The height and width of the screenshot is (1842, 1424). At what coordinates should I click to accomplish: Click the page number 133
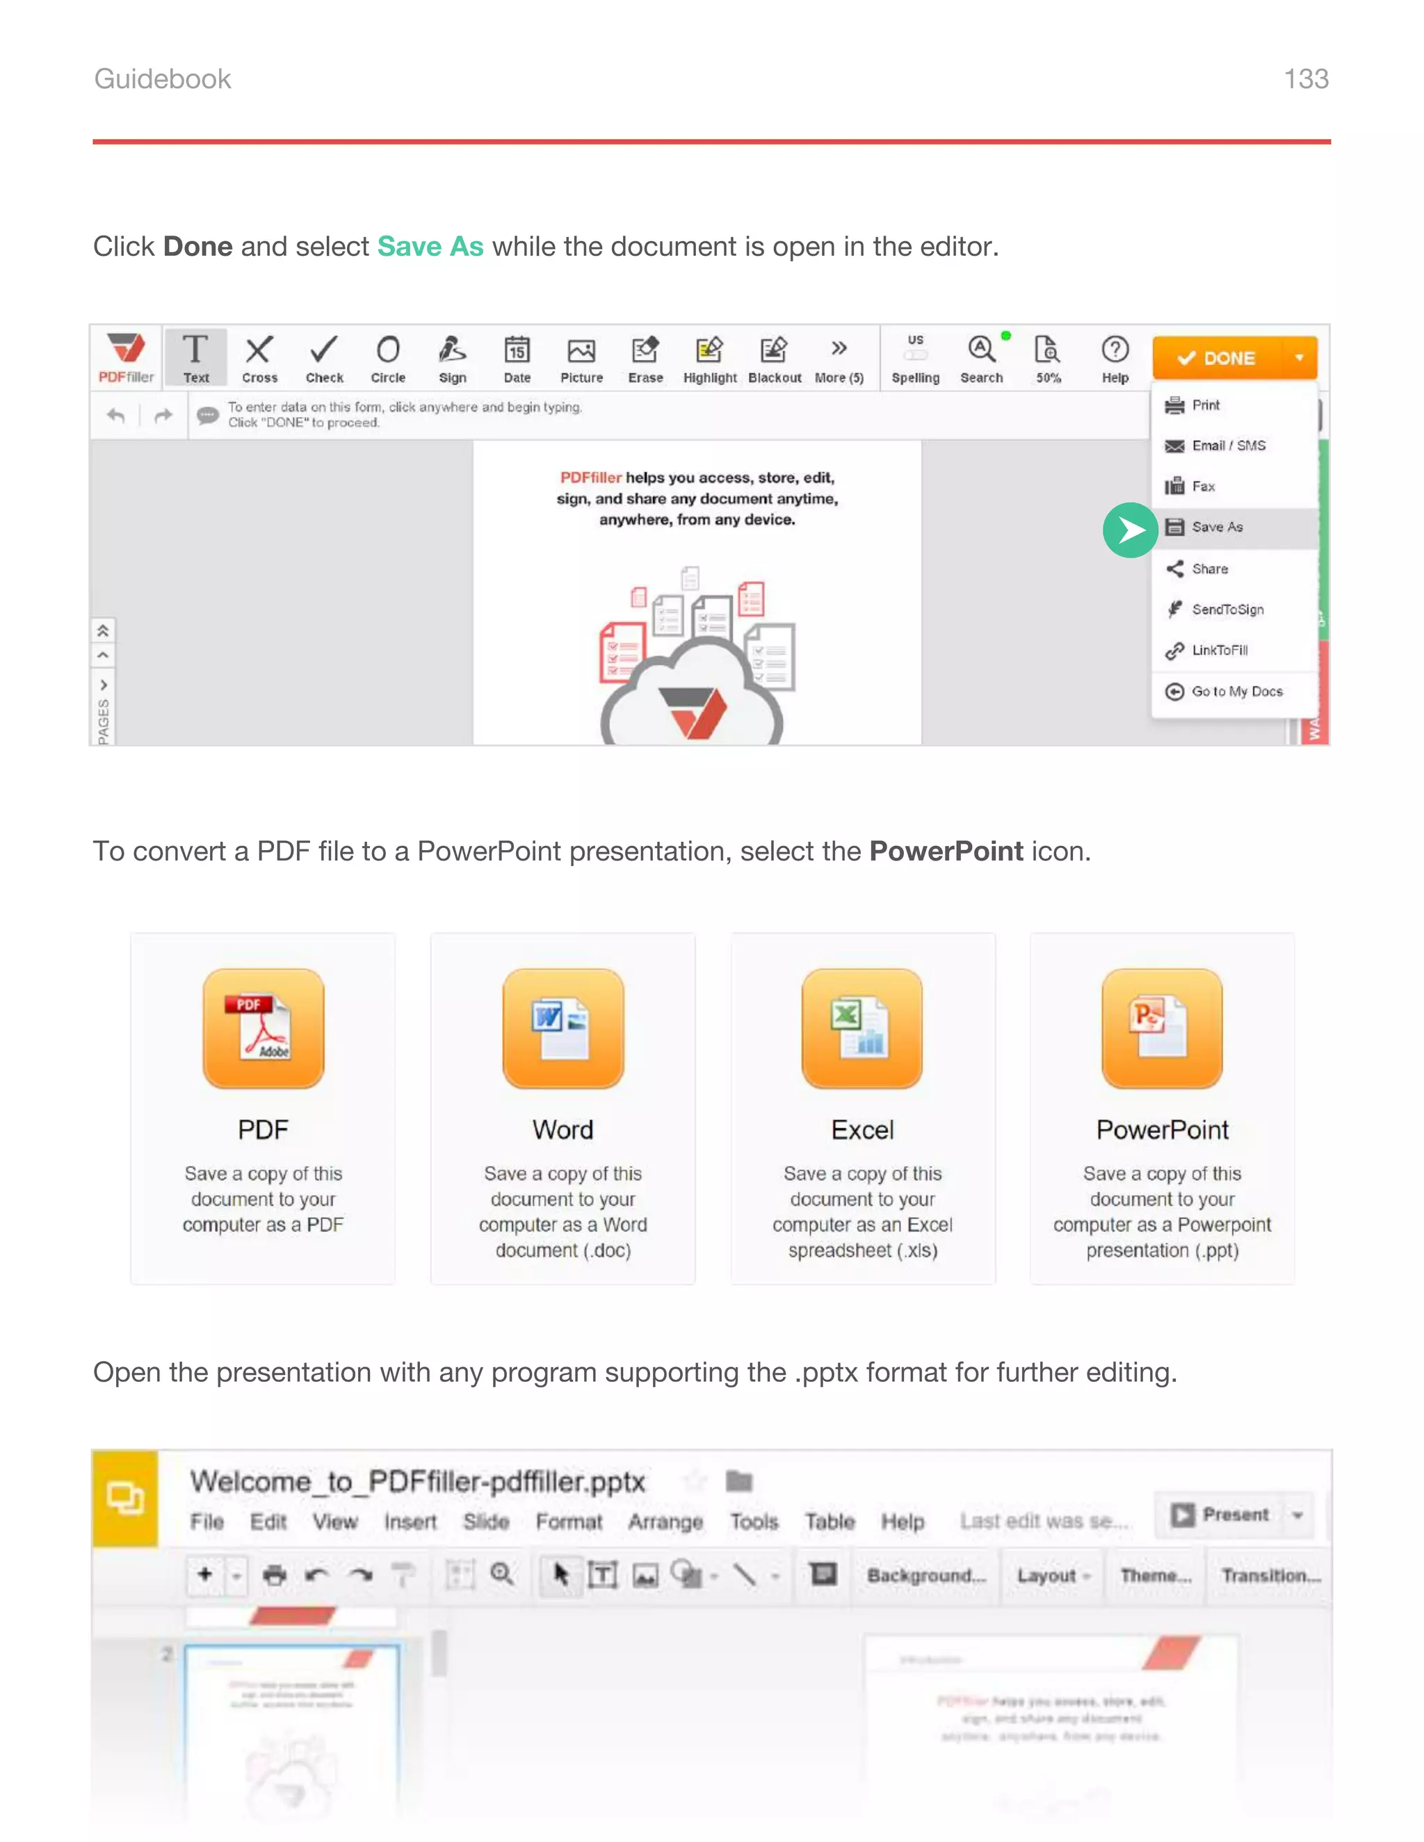pos(1305,79)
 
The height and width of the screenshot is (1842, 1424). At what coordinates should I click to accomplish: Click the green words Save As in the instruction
pos(430,246)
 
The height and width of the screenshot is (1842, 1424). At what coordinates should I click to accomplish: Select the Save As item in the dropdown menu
pos(1217,527)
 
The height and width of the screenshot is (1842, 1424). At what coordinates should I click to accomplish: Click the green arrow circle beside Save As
pos(1130,530)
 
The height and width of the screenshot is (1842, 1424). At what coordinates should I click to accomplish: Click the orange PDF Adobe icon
pos(264,1027)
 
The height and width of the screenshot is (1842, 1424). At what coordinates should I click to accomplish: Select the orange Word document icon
pos(563,1027)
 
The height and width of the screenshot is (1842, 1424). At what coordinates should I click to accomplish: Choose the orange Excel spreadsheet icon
pos(862,1027)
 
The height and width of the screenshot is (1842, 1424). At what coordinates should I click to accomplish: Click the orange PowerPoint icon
pos(1162,1027)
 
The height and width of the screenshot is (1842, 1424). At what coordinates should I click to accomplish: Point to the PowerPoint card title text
pos(1162,1130)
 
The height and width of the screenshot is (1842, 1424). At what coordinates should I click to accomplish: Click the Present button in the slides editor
pos(1222,1515)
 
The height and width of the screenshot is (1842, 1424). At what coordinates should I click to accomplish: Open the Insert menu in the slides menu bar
pos(410,1522)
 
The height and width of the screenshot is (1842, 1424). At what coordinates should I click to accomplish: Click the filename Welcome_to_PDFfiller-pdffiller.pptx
pos(416,1482)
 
